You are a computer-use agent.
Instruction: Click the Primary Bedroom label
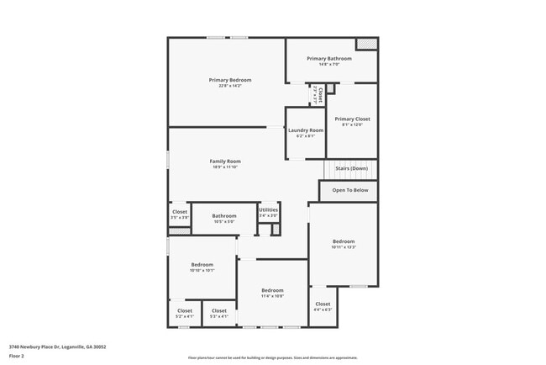click(x=229, y=80)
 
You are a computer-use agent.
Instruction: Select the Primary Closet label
click(x=352, y=119)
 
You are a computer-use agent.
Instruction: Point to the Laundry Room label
click(x=305, y=130)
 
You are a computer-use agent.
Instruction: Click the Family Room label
click(x=225, y=161)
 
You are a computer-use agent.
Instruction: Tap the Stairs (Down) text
click(x=351, y=168)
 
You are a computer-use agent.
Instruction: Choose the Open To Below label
click(x=350, y=190)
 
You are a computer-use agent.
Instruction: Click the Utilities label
click(x=268, y=209)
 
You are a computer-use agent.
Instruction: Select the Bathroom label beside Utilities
click(x=224, y=215)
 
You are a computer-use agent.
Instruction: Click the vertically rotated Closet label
click(x=319, y=93)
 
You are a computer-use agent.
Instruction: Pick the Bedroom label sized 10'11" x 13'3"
click(x=343, y=241)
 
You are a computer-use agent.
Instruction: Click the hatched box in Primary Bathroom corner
click(x=365, y=44)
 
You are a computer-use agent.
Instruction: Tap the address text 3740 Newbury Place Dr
click(x=57, y=346)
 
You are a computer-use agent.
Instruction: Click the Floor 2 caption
click(x=17, y=356)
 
